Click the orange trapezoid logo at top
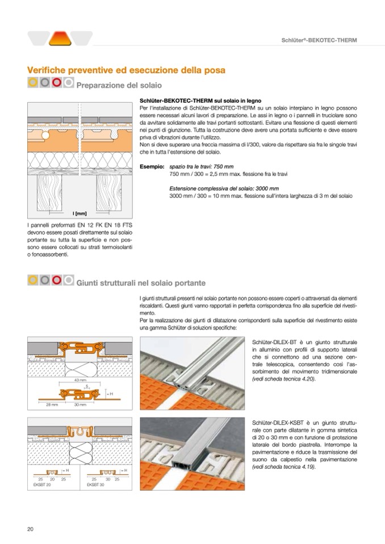pyautogui.click(x=60, y=38)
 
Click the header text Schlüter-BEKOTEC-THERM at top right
pyautogui.click(x=319, y=40)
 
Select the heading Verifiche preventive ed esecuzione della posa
pyautogui.click(x=126, y=70)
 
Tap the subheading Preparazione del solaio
pyautogui.click(x=119, y=86)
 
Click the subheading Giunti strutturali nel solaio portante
pyautogui.click(x=141, y=282)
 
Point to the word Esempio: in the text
pyautogui.click(x=152, y=166)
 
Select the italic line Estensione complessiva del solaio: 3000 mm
pyautogui.click(x=224, y=188)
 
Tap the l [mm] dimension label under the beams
pyautogui.click(x=79, y=213)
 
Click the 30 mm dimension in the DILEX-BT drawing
pyautogui.click(x=80, y=404)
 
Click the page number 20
pyautogui.click(x=31, y=529)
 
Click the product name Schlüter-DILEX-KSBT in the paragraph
pyautogui.click(x=279, y=423)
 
